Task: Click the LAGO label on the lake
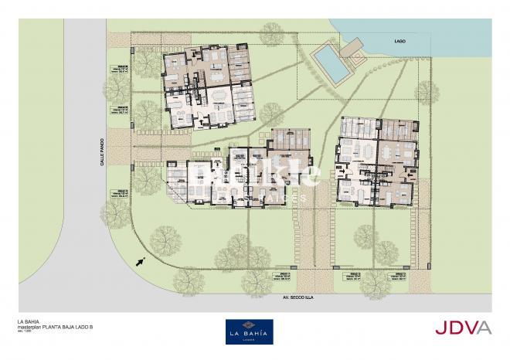pyautogui.click(x=399, y=39)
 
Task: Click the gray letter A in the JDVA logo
pyautogui.click(x=484, y=328)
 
